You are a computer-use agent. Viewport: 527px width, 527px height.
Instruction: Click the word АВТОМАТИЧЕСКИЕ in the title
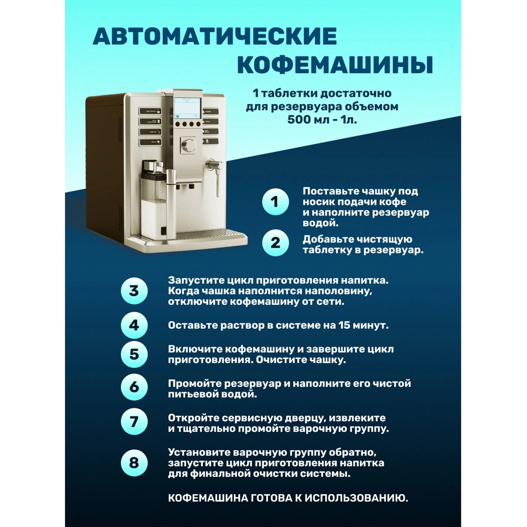click(x=215, y=36)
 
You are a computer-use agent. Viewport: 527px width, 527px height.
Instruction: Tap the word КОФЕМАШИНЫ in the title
click(x=335, y=64)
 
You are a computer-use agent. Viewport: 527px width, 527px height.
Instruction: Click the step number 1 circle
click(x=275, y=202)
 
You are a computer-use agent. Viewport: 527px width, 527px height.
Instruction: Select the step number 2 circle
click(x=275, y=243)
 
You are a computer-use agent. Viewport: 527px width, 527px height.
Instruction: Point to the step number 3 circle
click(x=134, y=291)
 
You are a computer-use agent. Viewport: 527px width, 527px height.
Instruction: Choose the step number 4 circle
click(x=134, y=325)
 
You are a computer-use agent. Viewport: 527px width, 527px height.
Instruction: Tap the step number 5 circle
click(x=134, y=354)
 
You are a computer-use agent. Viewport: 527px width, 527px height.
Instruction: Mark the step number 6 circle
click(x=134, y=387)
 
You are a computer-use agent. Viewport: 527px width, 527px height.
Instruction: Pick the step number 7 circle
click(x=134, y=422)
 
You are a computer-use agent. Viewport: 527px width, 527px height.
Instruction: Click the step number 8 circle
click(x=134, y=463)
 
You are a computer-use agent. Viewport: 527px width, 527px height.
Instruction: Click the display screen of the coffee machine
click(x=188, y=108)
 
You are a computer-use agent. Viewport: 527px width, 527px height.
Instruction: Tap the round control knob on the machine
click(x=189, y=144)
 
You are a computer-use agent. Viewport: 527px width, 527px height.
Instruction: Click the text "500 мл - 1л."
click(x=322, y=119)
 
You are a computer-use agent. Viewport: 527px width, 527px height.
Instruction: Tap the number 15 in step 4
click(x=344, y=325)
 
